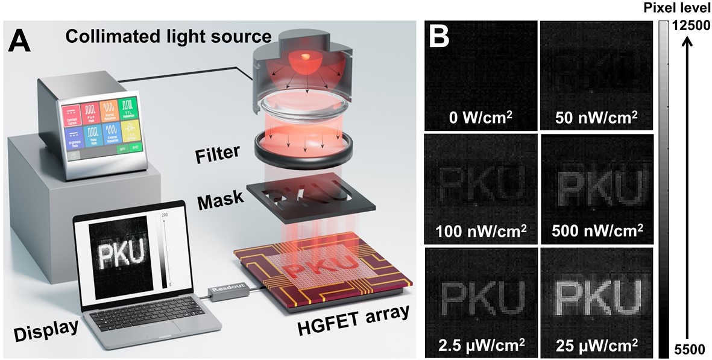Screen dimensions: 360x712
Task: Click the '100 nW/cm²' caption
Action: (x=479, y=230)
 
